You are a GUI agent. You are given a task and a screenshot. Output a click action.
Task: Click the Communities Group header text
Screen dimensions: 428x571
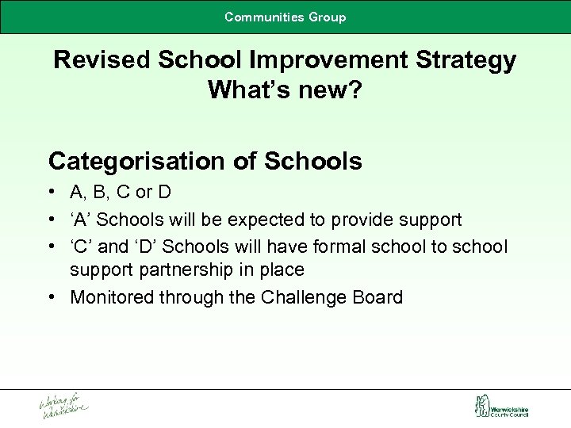point(285,17)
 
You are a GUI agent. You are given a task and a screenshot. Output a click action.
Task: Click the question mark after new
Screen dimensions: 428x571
point(354,90)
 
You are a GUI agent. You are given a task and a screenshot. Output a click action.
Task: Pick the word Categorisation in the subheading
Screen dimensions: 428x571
point(137,162)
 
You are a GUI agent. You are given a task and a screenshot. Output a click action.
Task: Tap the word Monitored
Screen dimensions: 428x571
point(114,297)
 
